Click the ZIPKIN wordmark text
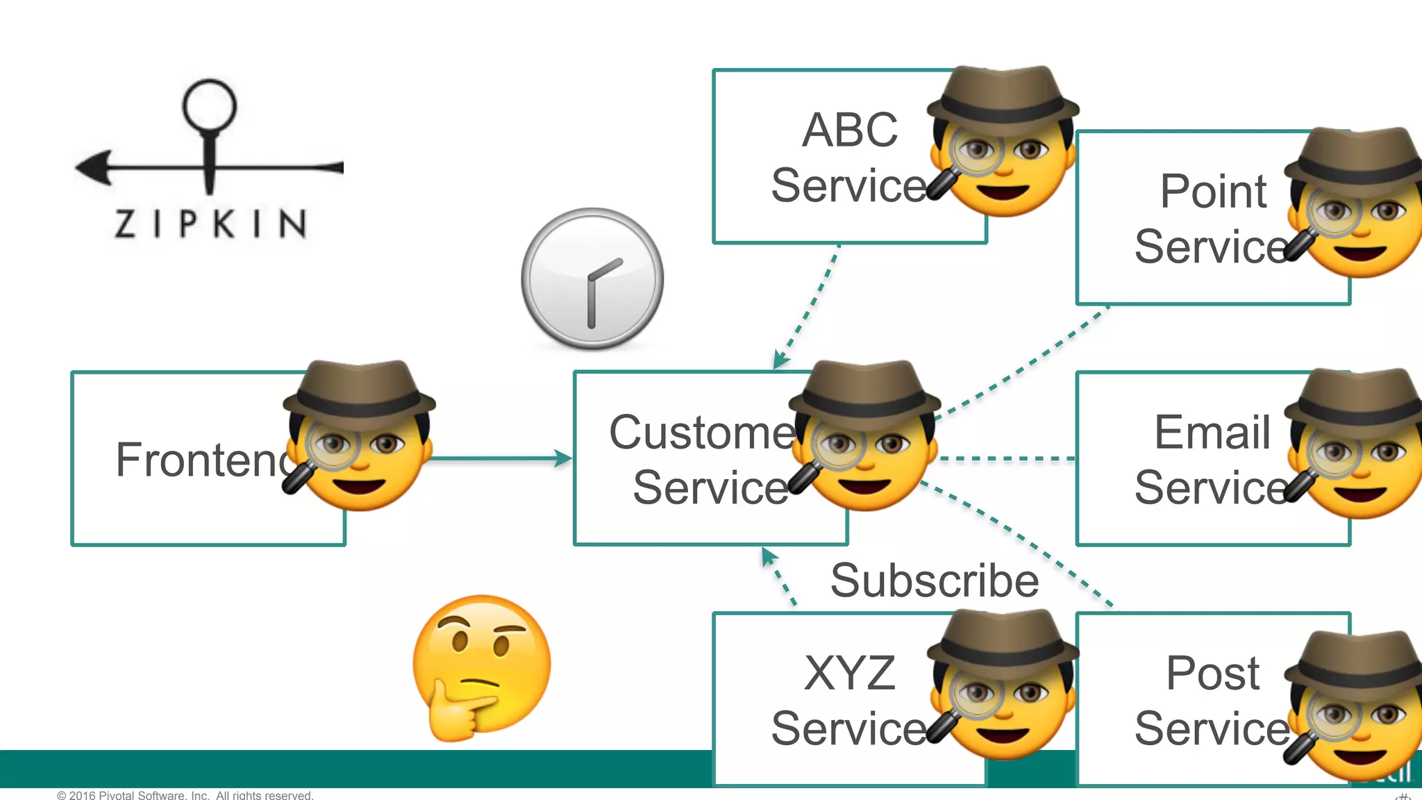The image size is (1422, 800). (210, 224)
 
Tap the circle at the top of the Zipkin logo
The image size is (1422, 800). (209, 106)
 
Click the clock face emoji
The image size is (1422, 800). (592, 278)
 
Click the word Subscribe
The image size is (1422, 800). (934, 581)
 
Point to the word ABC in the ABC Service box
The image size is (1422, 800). (849, 130)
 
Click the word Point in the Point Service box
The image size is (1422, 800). (1213, 191)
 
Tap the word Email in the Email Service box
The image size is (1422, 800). (1212, 432)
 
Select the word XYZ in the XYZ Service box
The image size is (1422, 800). (849, 673)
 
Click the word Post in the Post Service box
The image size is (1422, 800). (1212, 673)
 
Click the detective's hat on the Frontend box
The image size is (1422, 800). (360, 389)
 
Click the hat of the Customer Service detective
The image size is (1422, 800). (864, 389)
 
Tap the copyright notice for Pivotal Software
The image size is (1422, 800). (185, 794)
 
